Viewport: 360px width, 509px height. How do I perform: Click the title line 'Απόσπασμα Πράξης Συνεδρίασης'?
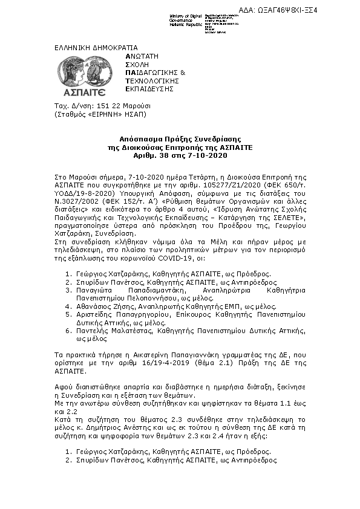[180, 138]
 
